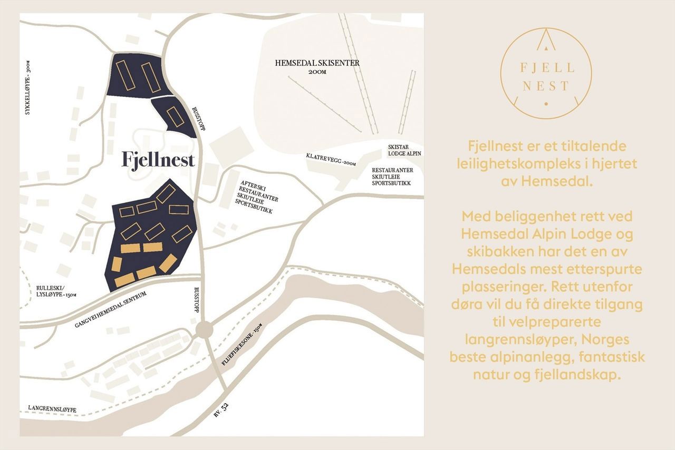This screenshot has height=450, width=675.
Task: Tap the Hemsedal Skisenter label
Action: point(317,63)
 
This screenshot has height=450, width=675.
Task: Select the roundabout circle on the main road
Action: point(204,330)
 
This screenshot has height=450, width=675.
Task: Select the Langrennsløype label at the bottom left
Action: point(53,409)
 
